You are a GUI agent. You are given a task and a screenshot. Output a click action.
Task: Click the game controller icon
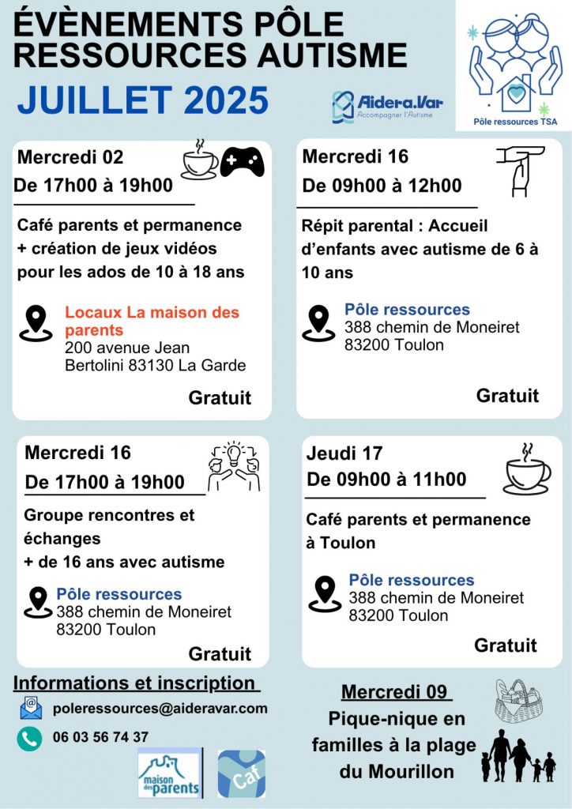click(242, 162)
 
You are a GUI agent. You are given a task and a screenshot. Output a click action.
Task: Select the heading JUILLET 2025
click(143, 100)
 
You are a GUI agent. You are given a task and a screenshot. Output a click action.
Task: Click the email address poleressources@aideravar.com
click(160, 709)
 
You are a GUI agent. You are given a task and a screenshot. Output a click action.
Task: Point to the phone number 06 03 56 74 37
click(100, 737)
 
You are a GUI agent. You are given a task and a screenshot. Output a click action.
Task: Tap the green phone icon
click(30, 738)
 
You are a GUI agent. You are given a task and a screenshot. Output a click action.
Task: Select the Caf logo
click(242, 773)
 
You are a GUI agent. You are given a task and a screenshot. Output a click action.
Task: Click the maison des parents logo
click(170, 773)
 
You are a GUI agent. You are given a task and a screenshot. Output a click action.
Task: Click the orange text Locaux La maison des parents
click(152, 321)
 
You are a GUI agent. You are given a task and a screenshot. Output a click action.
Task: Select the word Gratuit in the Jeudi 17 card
click(506, 645)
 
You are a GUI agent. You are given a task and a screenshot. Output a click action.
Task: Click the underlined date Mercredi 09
click(396, 692)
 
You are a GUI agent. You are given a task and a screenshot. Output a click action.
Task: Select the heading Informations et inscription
click(136, 683)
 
